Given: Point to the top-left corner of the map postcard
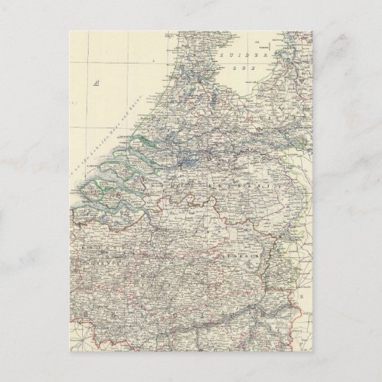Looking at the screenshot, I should tap(72, 31).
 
